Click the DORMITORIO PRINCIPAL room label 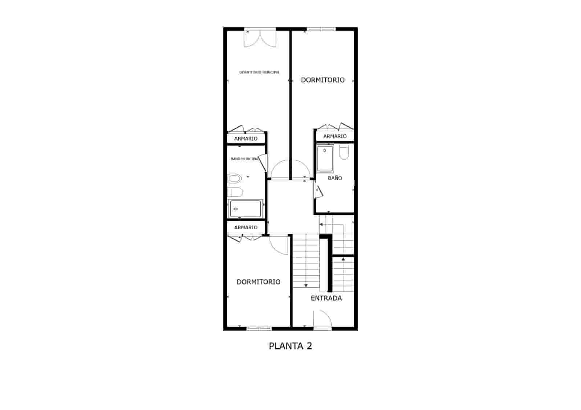[x=259, y=72]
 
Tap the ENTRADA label [x=326, y=298]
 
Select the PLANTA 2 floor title [x=290, y=346]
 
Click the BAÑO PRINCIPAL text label [x=244, y=159]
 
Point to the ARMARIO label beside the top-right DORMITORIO [x=335, y=136]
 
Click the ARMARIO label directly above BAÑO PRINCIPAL [x=246, y=139]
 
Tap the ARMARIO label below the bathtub [x=246, y=227]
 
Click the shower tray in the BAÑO [x=325, y=158]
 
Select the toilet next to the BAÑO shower [x=344, y=152]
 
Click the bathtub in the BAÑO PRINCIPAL [x=245, y=209]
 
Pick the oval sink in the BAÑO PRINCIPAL [x=235, y=179]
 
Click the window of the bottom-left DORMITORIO [x=259, y=329]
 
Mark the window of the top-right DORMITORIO [x=321, y=29]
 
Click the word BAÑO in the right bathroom [x=335, y=178]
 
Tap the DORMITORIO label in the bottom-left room [x=258, y=282]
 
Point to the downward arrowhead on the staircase [x=306, y=286]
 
